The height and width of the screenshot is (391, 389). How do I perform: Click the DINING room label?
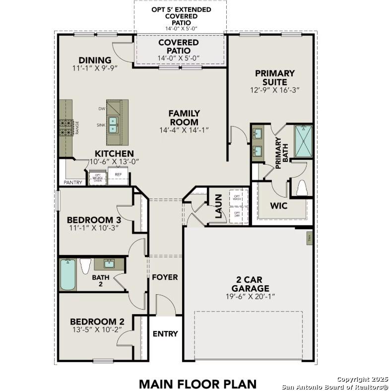[x=94, y=61]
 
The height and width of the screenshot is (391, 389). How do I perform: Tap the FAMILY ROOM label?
[x=184, y=118]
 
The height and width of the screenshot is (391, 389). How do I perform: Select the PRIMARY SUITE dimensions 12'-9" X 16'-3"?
[x=275, y=90]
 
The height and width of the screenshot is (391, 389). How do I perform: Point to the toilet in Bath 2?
[x=85, y=266]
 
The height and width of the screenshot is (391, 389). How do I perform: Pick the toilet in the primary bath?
[x=302, y=188]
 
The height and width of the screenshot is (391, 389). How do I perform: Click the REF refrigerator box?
[x=119, y=177]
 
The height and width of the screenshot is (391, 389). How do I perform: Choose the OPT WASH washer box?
[x=237, y=197]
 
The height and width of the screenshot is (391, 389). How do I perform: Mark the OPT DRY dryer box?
[x=237, y=214]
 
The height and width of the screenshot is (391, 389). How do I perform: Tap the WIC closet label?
[x=278, y=205]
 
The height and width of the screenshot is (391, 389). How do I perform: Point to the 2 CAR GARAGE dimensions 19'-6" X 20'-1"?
[x=250, y=296]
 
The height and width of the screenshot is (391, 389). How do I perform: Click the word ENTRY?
[x=165, y=334]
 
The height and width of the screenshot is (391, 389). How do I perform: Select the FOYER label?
[x=165, y=277]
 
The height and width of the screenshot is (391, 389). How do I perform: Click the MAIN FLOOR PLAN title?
[x=197, y=384]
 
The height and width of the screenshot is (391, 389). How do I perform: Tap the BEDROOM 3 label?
[x=94, y=220]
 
